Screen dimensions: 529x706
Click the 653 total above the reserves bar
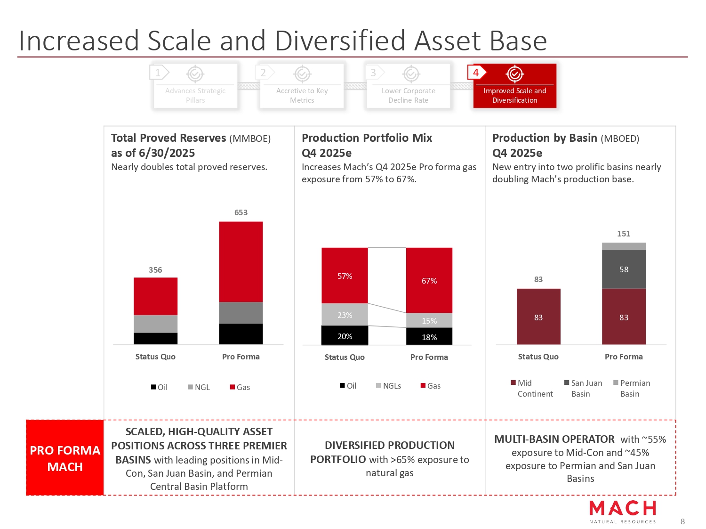(x=241, y=212)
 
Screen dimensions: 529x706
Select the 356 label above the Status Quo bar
(x=155, y=270)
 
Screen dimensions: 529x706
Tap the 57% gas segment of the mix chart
(x=345, y=276)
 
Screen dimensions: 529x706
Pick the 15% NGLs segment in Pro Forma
(x=429, y=320)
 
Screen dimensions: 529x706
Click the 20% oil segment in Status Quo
(x=345, y=336)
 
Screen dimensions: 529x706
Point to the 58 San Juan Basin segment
(x=624, y=269)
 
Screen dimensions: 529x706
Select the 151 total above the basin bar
(x=624, y=234)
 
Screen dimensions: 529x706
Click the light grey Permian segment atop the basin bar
(x=624, y=246)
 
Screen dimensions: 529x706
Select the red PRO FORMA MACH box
(x=65, y=458)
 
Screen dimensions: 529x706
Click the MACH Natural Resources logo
(x=622, y=512)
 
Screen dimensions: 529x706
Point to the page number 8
(x=683, y=521)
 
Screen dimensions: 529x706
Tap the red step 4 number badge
(x=476, y=73)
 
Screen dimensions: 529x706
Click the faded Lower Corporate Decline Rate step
(x=408, y=86)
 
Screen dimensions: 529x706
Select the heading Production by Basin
(x=545, y=138)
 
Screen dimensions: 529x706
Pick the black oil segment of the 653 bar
(x=241, y=334)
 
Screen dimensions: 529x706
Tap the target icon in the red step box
(x=515, y=74)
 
